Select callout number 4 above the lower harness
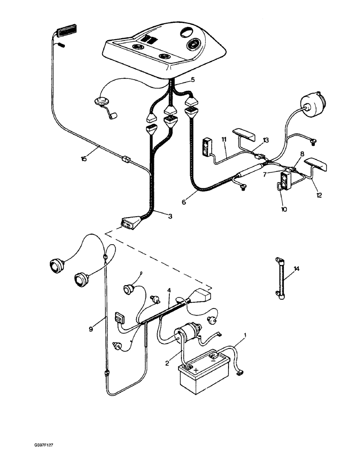coord(169,290)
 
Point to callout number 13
coord(266,140)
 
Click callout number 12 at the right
coord(318,196)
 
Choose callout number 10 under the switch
coord(284,209)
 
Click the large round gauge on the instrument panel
coord(194,46)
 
